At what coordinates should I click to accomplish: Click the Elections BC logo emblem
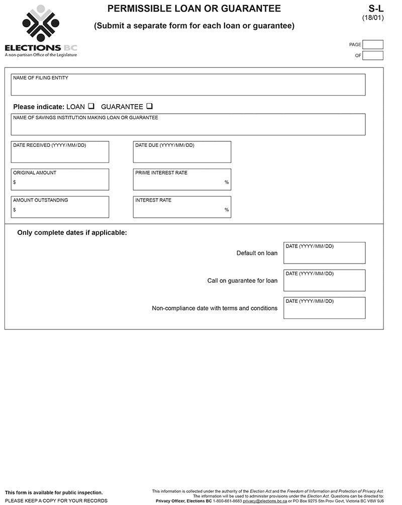(x=41, y=24)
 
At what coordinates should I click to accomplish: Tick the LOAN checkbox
(x=91, y=106)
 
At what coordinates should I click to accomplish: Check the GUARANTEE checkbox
(x=149, y=106)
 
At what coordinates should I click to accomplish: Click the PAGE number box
(x=372, y=45)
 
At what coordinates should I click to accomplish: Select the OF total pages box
(x=372, y=55)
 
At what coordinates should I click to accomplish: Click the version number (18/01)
(x=372, y=18)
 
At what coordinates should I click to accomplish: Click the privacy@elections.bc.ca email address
(x=264, y=501)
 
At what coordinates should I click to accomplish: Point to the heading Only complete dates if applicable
(x=72, y=233)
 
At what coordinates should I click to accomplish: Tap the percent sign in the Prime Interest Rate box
(x=227, y=182)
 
